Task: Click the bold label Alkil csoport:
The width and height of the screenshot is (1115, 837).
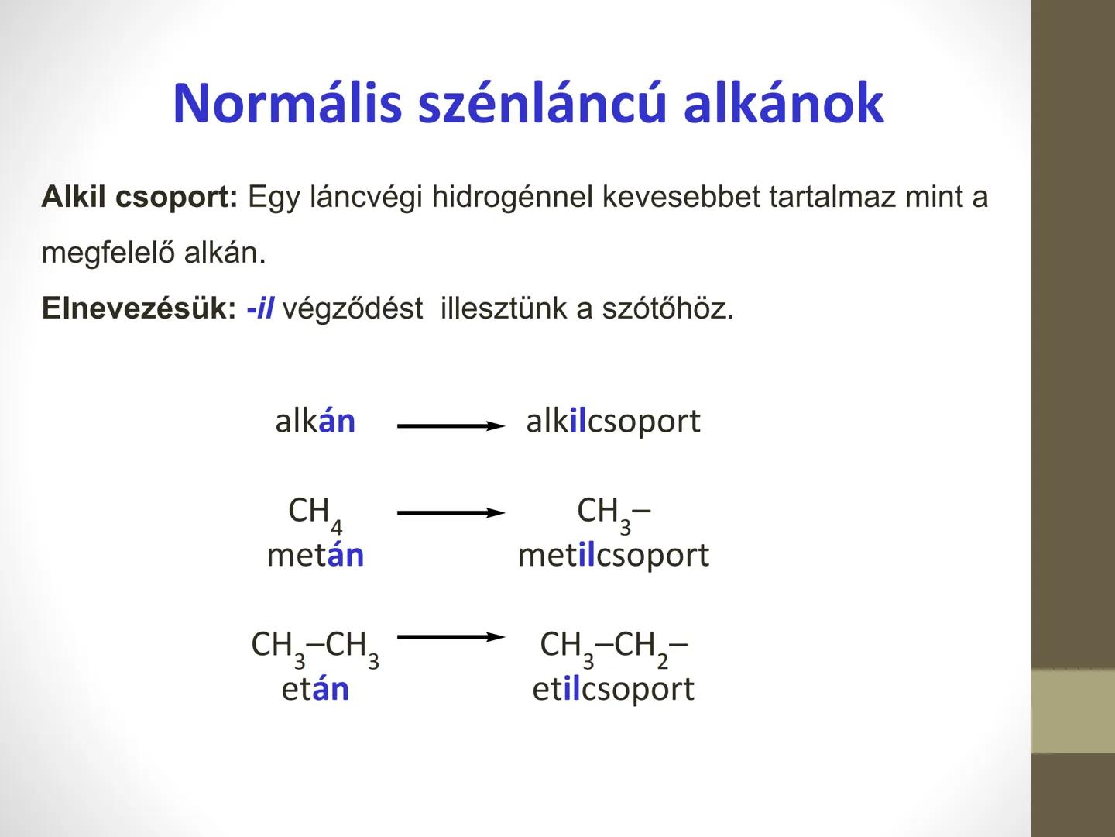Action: point(139,197)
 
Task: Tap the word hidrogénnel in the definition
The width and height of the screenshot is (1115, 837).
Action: point(513,197)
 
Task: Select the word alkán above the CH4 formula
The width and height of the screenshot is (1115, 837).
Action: point(315,421)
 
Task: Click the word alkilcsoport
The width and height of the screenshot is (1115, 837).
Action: point(612,421)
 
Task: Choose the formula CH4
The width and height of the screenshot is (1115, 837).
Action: point(314,512)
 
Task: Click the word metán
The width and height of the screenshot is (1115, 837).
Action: point(315,555)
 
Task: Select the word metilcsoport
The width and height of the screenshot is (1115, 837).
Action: point(613,555)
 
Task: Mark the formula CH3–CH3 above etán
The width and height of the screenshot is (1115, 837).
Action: point(315,646)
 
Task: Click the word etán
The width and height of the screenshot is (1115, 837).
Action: point(315,688)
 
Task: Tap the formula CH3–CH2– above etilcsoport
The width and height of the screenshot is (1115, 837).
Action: point(613,646)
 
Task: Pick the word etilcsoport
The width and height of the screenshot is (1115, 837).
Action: point(613,688)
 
